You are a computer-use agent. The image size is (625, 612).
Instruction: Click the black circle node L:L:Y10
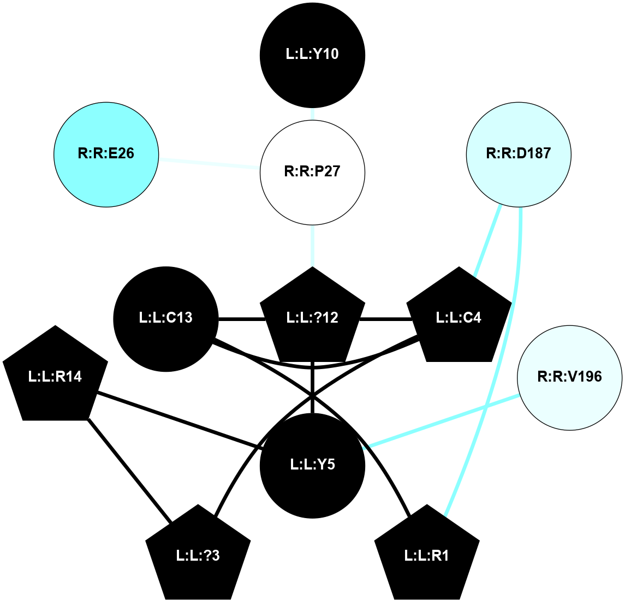point(312,55)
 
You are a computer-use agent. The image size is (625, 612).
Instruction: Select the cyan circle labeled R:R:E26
point(106,155)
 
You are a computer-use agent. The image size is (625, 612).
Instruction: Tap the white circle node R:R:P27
point(312,173)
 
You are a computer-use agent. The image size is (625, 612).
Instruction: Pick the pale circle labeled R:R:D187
point(519,155)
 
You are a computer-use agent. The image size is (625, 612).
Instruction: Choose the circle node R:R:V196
point(569,378)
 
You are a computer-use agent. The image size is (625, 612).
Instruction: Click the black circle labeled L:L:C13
point(166,319)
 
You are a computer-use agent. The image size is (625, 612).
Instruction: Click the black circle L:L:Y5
point(312,465)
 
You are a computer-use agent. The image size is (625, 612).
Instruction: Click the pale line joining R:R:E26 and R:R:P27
point(209,163)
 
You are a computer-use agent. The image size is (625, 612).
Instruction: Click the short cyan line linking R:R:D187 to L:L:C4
point(487,240)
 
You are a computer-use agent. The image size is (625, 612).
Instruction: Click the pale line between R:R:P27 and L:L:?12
point(312,246)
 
